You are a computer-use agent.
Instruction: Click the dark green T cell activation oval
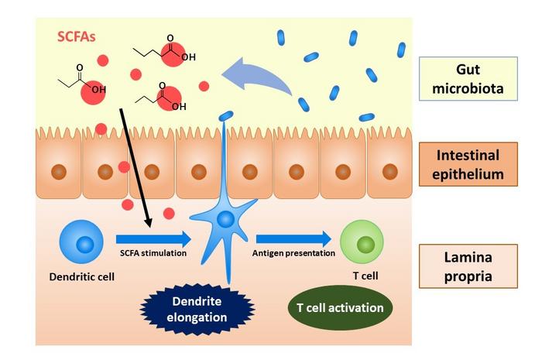tap(340, 307)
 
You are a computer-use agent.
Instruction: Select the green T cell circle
tap(362, 242)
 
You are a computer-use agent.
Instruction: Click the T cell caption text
tap(362, 276)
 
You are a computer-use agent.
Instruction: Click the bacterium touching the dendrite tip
tap(226, 115)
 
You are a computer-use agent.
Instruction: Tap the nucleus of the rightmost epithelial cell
tap(389, 171)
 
